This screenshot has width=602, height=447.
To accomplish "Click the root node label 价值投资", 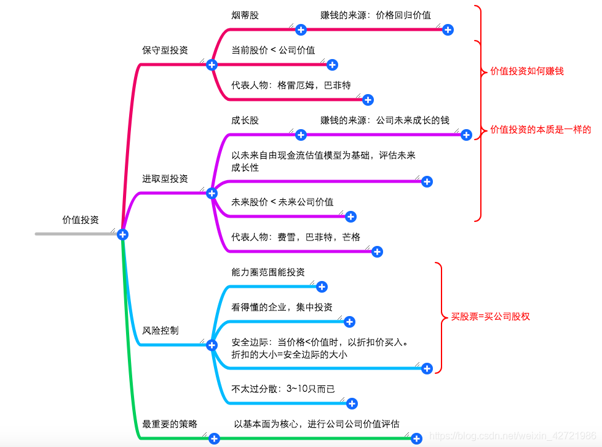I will point(81,220).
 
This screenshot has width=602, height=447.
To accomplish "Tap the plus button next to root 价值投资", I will point(122,234).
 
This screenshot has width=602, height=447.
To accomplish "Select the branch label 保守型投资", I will point(165,50).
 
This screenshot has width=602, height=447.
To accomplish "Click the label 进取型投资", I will point(165,178).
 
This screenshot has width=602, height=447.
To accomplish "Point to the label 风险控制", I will point(160,330).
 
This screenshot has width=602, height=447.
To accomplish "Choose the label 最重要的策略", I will point(170,424).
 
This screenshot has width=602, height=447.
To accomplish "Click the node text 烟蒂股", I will point(245,15).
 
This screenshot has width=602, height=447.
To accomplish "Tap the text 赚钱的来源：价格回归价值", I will point(376,15).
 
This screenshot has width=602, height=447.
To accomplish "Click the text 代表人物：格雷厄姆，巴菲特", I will point(291,85).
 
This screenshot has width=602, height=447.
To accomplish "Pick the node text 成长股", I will point(245,120).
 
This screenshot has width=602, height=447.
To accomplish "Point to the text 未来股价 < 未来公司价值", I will point(282,202).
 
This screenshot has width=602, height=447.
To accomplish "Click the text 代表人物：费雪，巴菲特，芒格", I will point(296,237).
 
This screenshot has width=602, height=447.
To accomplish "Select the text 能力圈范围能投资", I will point(268,272).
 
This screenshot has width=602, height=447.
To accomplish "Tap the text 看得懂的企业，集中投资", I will point(282,307).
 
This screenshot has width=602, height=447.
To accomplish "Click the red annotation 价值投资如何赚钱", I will point(527,71).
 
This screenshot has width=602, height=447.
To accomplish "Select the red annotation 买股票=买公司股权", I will point(490,317).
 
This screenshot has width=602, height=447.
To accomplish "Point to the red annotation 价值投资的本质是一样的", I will point(541,130).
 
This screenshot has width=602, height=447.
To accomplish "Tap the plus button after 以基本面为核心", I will point(416,438).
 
